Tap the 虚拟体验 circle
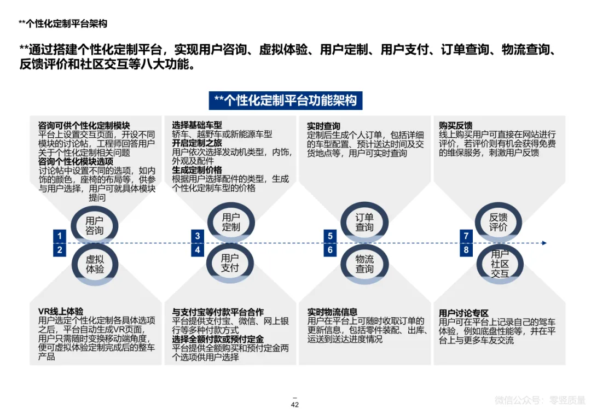pos(94,264)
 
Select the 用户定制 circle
pos(230,222)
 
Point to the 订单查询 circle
pos(364,222)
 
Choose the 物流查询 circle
pos(364,264)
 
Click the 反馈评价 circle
pos(498,222)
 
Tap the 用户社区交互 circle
pos(499,264)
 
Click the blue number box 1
pos(60,236)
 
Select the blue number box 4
pos(198,250)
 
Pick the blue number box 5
pos(331,236)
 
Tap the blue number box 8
pos(466,250)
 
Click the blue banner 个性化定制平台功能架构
pos(285,101)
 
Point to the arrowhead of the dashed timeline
pos(543,243)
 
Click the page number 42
pos(294,405)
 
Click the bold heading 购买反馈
pos(455,125)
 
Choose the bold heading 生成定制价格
pos(197,170)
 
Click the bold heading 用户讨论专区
pos(463,313)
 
